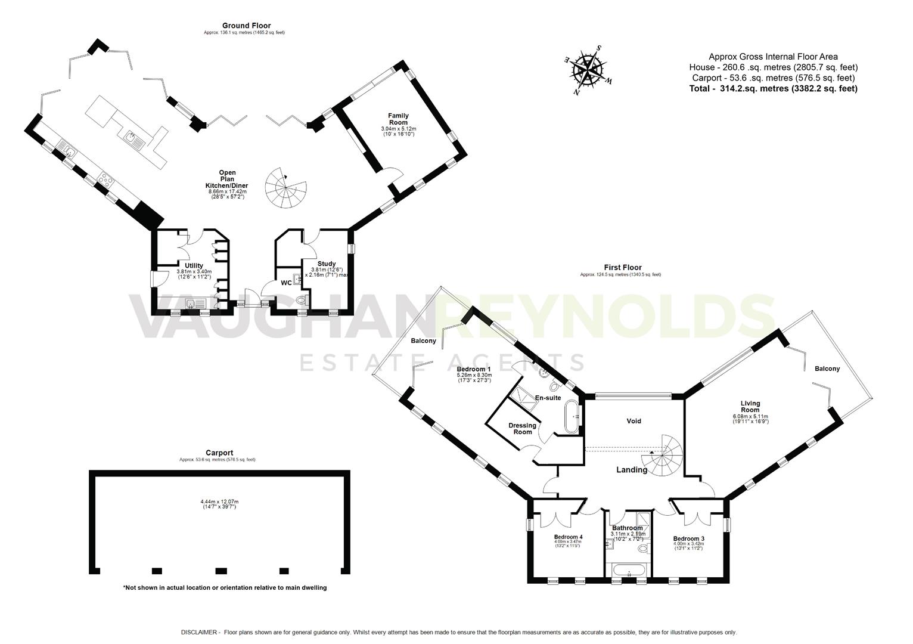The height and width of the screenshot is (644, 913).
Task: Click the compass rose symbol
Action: tap(588, 70)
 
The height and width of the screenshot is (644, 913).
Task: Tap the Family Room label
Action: tap(398, 119)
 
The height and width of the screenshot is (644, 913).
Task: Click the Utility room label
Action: tap(194, 266)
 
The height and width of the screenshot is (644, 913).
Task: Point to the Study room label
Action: tap(327, 264)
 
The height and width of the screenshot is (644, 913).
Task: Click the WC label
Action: tap(287, 283)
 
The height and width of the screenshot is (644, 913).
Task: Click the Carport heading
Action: tap(218, 453)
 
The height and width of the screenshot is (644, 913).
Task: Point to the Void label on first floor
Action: tap(633, 421)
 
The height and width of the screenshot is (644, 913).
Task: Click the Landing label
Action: tap(631, 470)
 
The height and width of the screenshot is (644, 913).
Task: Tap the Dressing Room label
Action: tap(522, 429)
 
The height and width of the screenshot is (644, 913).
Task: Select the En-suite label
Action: tap(548, 398)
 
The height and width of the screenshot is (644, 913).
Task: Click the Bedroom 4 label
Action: tap(568, 537)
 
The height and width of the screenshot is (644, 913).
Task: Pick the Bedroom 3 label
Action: tap(688, 539)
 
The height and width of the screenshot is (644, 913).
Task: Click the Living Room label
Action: tap(750, 407)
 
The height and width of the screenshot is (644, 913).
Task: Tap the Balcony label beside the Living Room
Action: tap(827, 369)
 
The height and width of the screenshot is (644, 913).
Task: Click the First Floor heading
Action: tap(620, 268)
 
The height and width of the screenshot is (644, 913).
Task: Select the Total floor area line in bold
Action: tap(773, 88)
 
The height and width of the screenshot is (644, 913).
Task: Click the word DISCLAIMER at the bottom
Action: tap(200, 632)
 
